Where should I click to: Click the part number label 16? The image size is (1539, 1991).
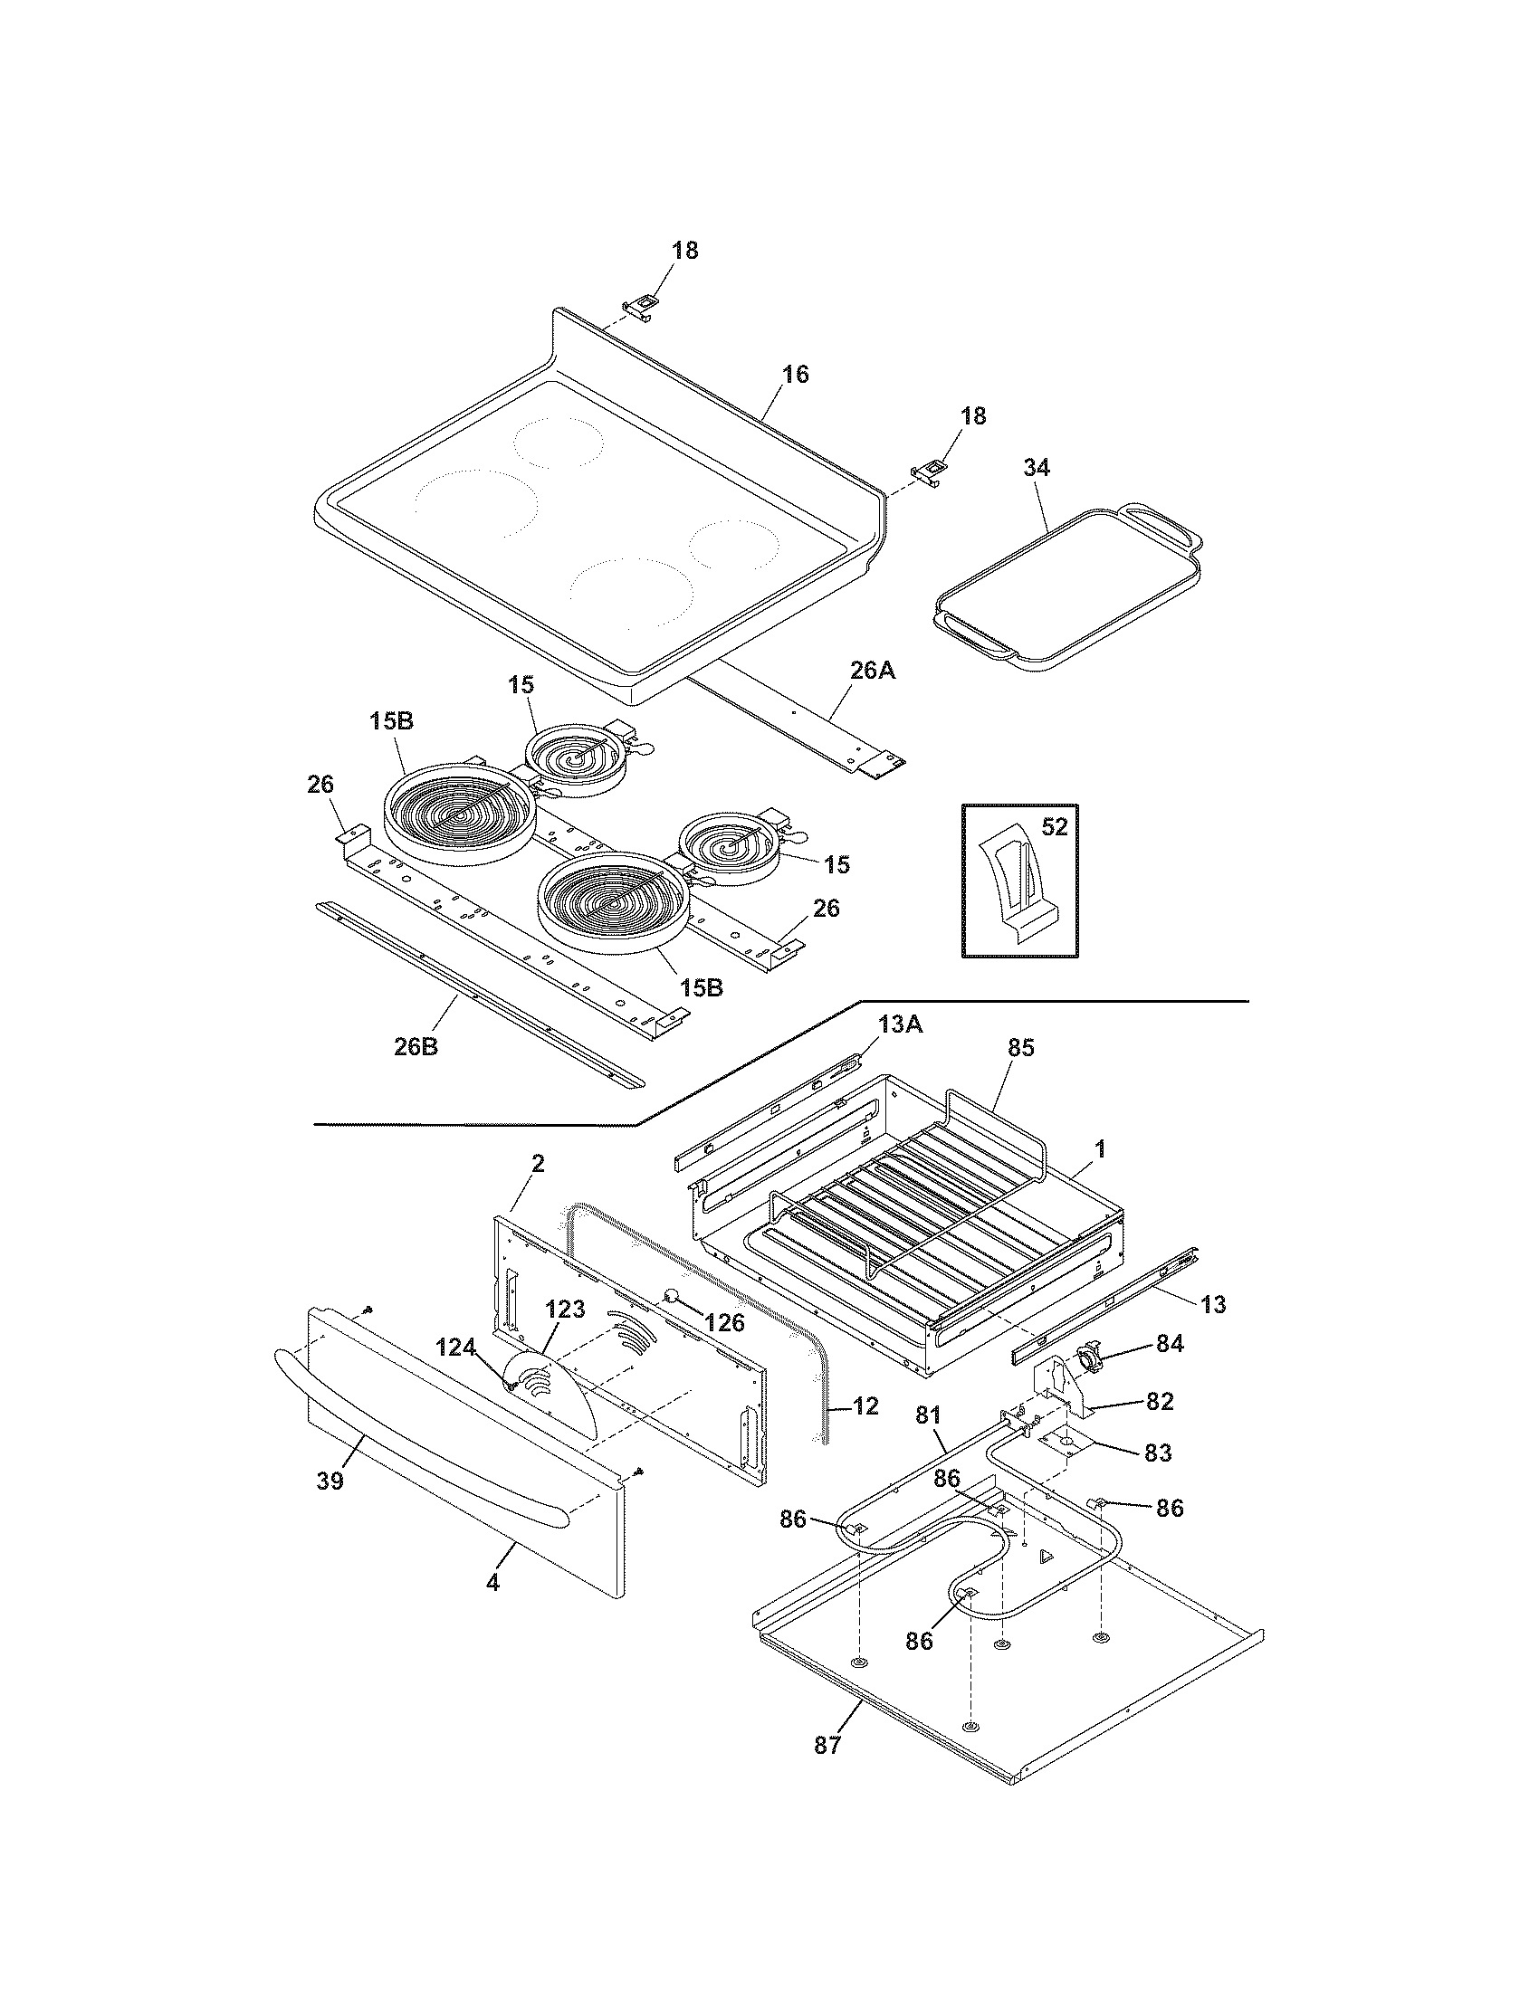point(795,374)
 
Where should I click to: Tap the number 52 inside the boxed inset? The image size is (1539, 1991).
point(1053,827)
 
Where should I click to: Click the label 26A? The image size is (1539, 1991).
point(873,671)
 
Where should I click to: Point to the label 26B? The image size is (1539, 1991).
point(416,1046)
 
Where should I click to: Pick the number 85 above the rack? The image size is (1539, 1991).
point(1021,1048)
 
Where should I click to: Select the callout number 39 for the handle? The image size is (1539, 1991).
point(330,1481)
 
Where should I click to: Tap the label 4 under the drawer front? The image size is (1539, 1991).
point(492,1584)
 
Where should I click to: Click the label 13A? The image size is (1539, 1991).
point(901,1024)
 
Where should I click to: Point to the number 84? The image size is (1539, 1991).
point(1170,1343)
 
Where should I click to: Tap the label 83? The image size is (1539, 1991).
point(1157,1453)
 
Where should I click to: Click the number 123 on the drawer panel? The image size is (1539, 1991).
point(564,1310)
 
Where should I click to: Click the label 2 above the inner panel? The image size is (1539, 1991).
point(538,1162)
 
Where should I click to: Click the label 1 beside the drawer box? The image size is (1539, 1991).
point(1100,1148)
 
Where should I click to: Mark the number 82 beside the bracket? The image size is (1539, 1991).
point(1159,1401)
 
